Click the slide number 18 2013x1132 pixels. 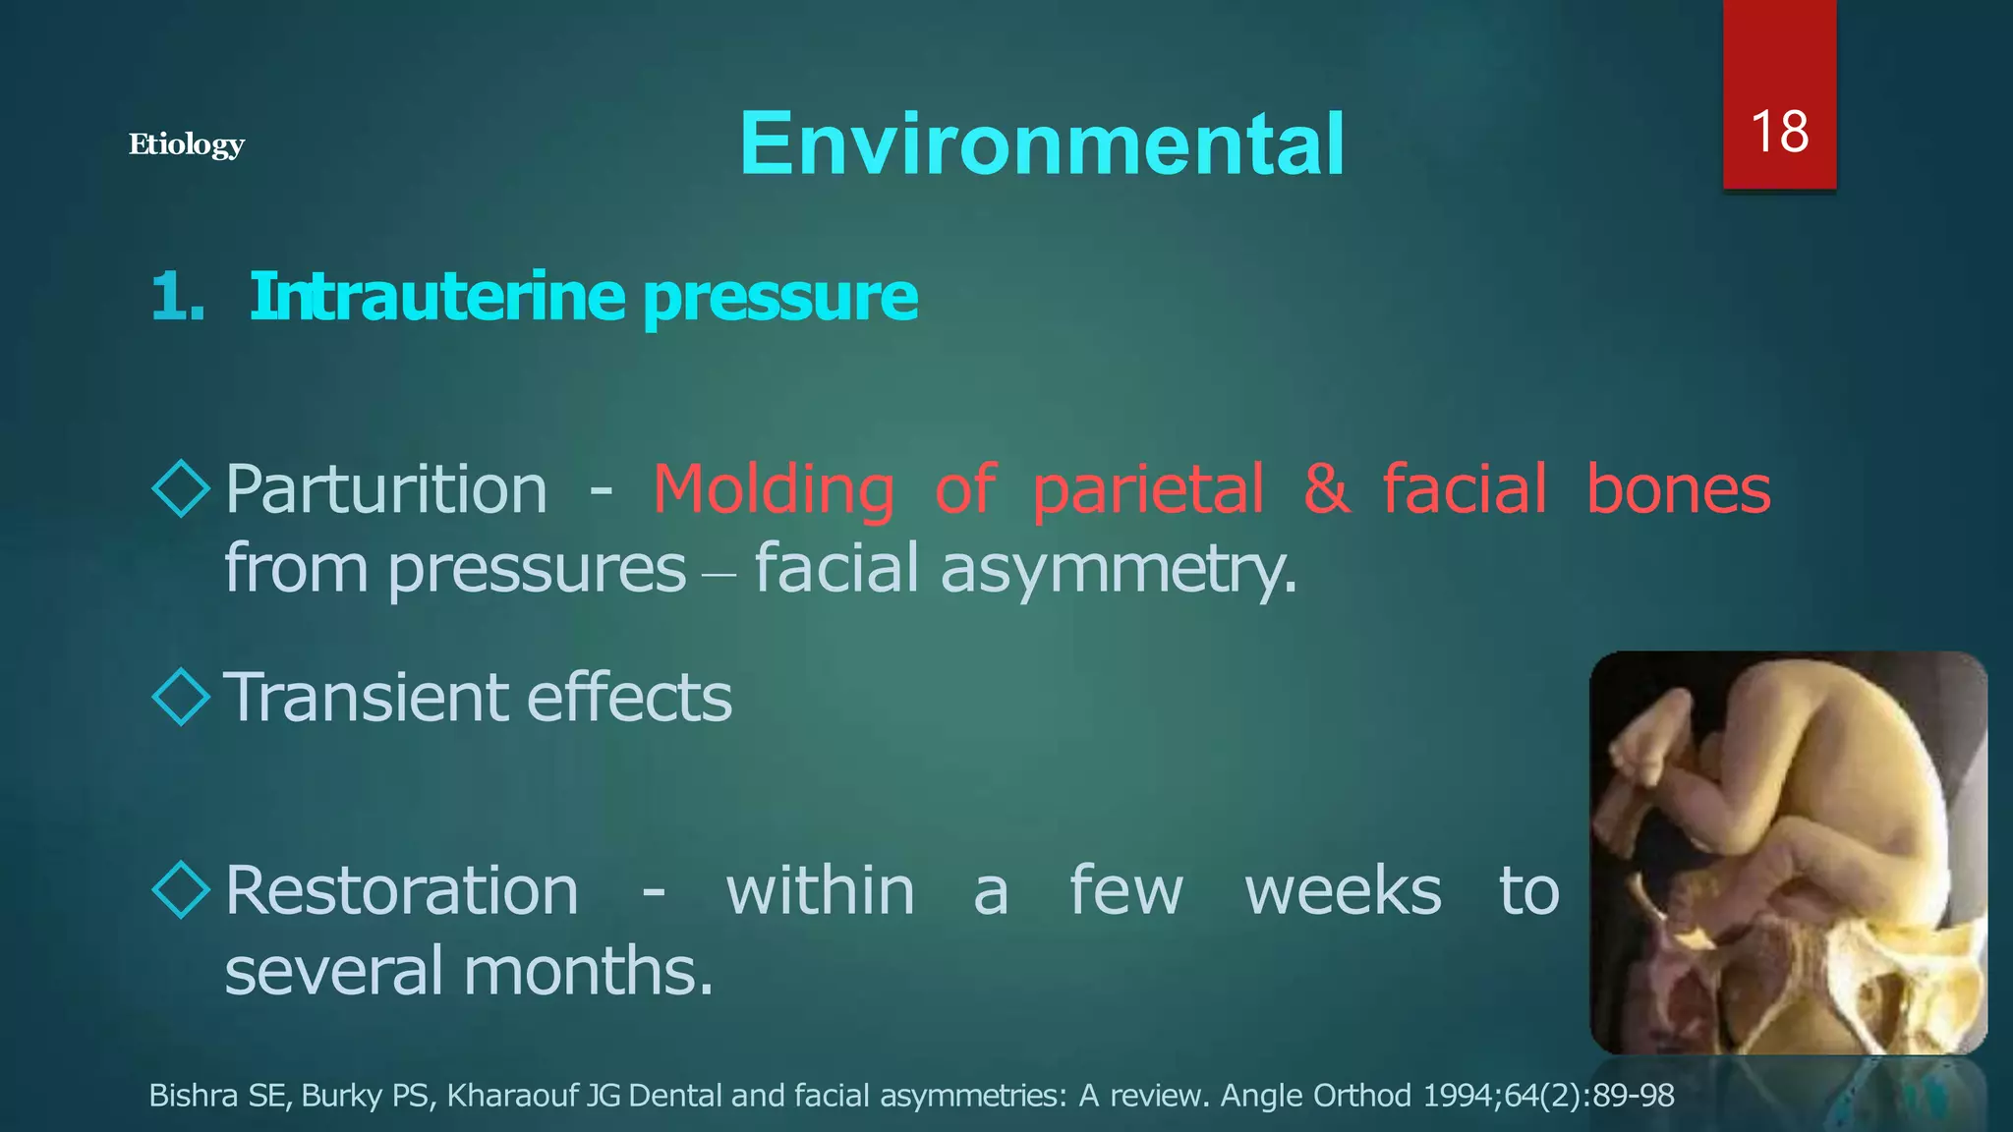(x=1779, y=132)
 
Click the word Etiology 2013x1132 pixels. (x=186, y=145)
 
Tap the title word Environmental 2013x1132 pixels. (x=1042, y=143)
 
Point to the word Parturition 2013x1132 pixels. (x=385, y=489)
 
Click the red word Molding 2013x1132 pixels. (x=774, y=489)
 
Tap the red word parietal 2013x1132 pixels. (x=1147, y=489)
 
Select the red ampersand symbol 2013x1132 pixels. (x=1326, y=488)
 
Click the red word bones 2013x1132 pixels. (x=1678, y=488)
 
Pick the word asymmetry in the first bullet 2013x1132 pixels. (x=1118, y=570)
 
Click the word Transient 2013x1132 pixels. (x=365, y=697)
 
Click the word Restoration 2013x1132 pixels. (x=401, y=890)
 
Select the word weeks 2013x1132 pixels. (x=1343, y=890)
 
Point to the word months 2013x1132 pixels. (x=587, y=970)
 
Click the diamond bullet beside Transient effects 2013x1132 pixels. (x=182, y=697)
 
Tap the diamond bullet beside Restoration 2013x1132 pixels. (x=182, y=889)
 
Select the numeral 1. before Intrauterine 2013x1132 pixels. (x=178, y=297)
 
